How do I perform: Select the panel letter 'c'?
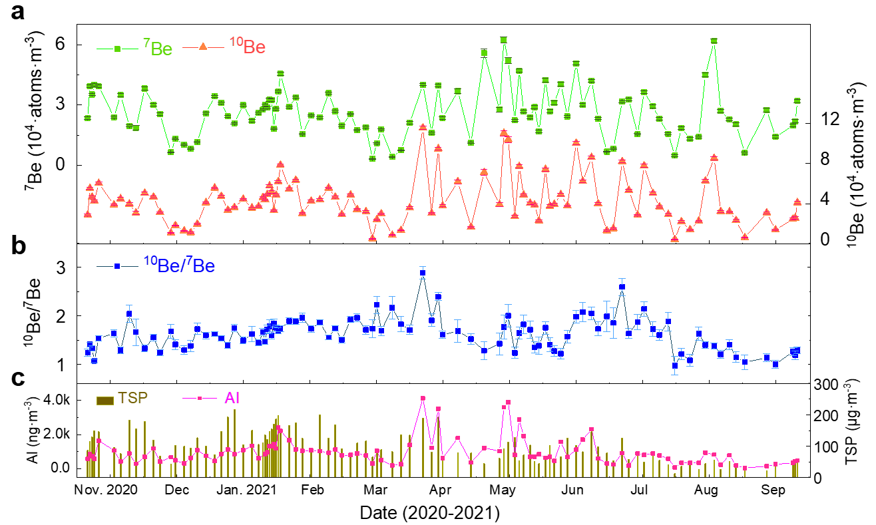pyautogui.click(x=18, y=379)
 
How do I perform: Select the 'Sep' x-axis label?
pyautogui.click(x=773, y=491)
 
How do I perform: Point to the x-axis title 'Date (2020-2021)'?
pyautogui.click(x=429, y=513)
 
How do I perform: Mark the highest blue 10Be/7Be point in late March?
pyautogui.click(x=423, y=273)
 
